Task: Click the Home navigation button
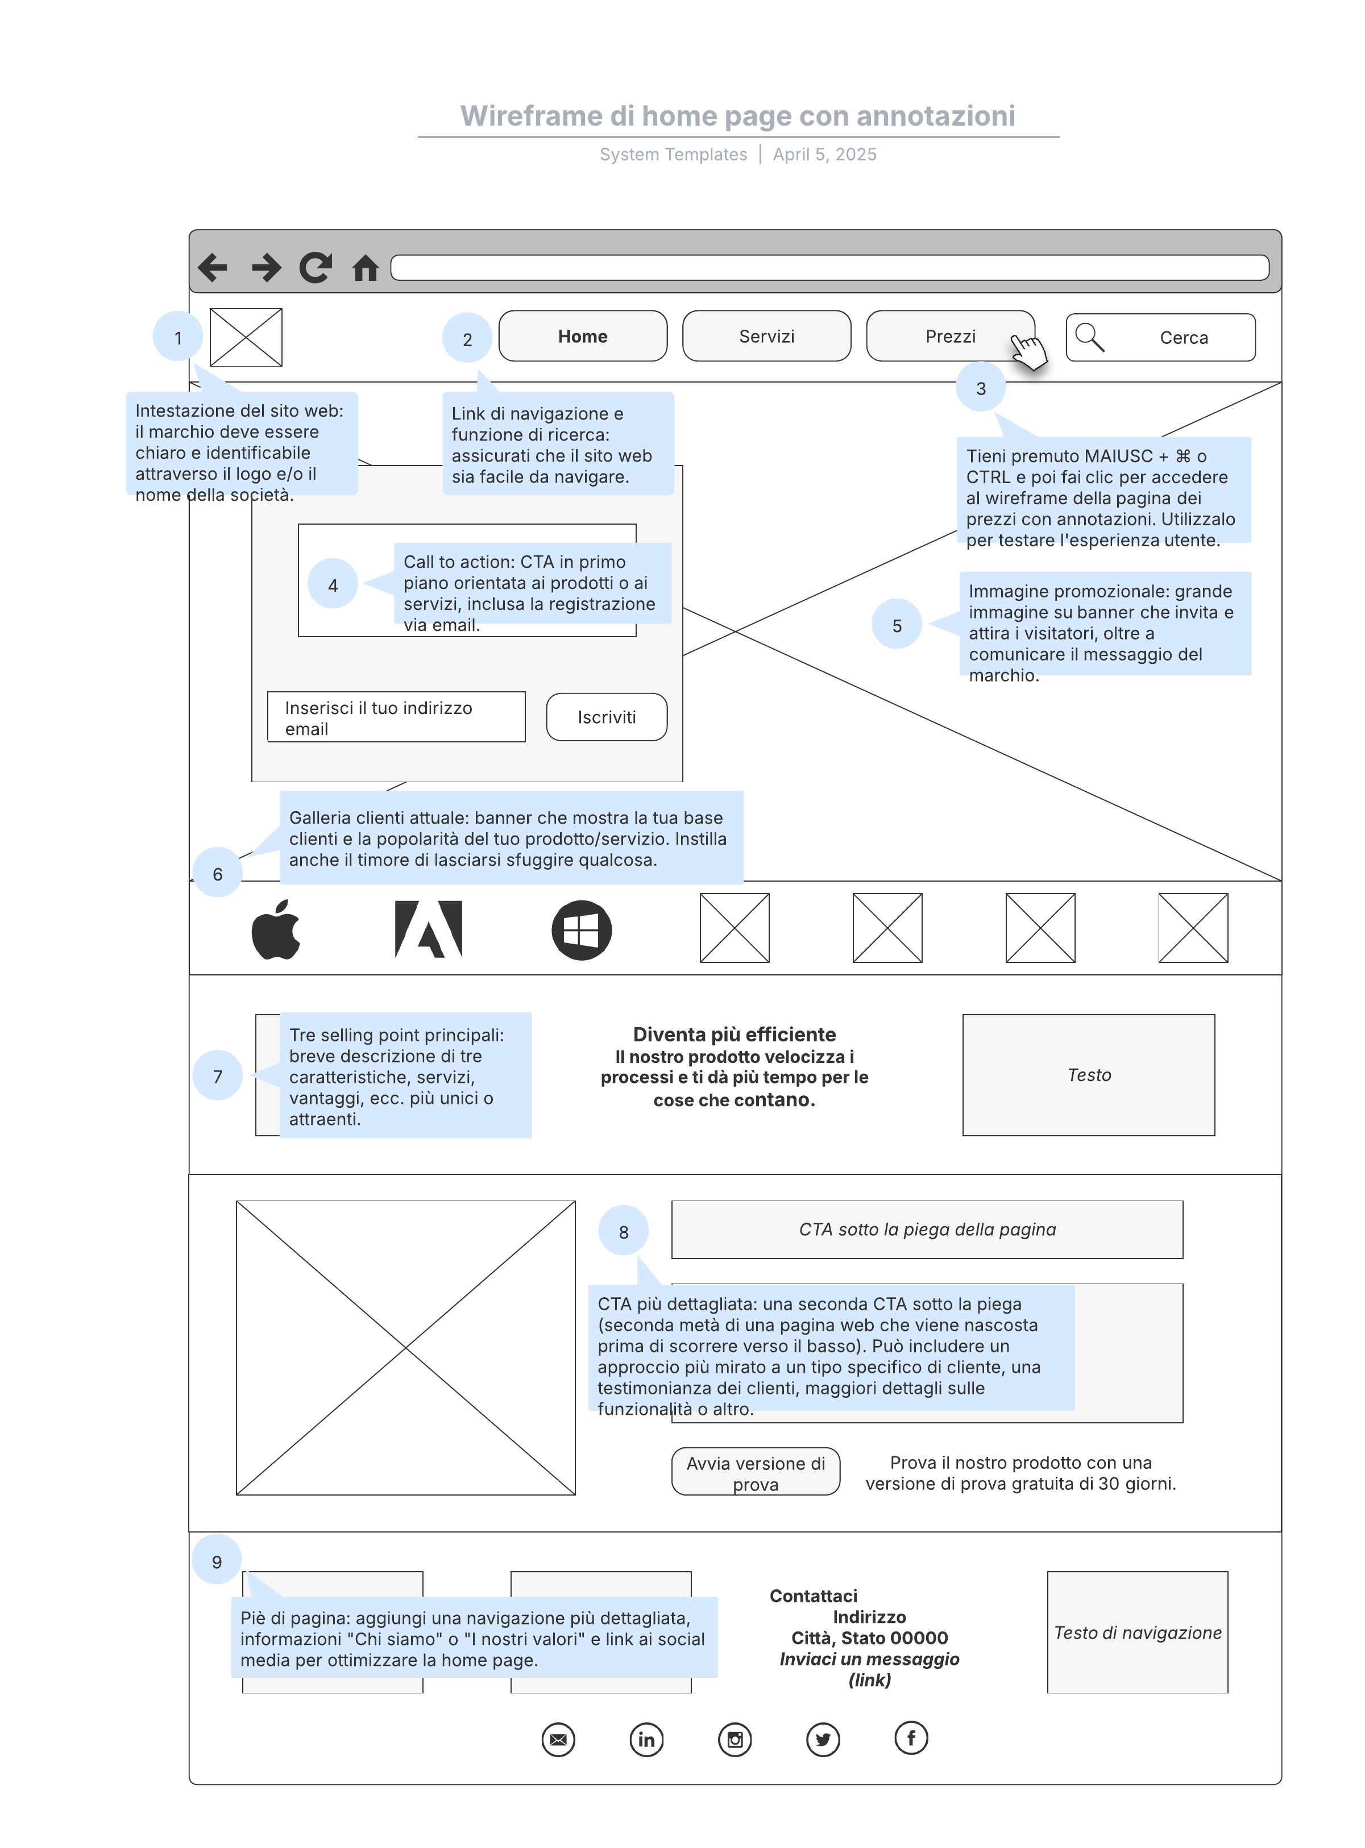tap(583, 336)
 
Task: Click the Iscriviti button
tap(607, 717)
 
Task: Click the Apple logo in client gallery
tap(276, 929)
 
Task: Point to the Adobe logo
tap(428, 929)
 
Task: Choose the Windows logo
tap(582, 930)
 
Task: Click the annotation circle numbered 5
tap(897, 625)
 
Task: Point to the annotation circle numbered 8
tap(624, 1231)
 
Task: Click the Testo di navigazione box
tap(1137, 1633)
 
